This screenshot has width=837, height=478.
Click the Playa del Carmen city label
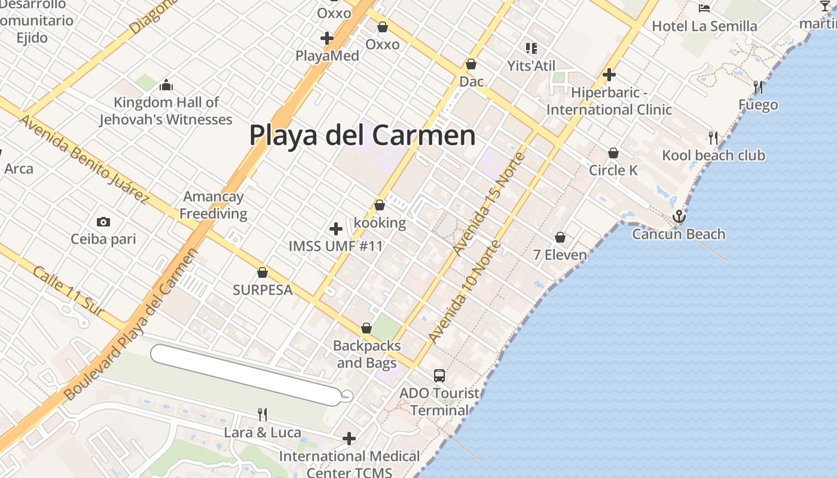(x=362, y=135)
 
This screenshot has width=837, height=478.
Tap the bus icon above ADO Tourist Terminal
(x=439, y=375)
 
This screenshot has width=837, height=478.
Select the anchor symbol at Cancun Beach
(x=679, y=216)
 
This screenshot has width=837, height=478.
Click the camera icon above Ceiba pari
(x=103, y=222)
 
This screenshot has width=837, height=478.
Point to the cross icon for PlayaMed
(x=327, y=38)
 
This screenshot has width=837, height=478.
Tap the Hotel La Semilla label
(x=704, y=26)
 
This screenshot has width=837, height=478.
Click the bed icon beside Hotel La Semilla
(x=704, y=8)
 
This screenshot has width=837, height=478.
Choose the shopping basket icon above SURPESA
(x=262, y=272)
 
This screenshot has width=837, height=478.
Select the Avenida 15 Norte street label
(x=489, y=203)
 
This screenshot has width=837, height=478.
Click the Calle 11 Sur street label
(x=68, y=291)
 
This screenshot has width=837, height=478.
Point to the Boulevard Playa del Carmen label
(x=130, y=324)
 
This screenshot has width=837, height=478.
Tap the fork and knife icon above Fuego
(x=758, y=87)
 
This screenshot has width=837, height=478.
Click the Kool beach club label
(x=713, y=155)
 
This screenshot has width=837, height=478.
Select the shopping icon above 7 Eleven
(x=560, y=237)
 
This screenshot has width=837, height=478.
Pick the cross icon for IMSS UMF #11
(x=336, y=228)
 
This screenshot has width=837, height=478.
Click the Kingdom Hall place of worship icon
(x=166, y=85)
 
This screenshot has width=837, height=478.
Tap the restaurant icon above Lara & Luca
(x=262, y=414)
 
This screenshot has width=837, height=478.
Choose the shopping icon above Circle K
(x=613, y=153)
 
